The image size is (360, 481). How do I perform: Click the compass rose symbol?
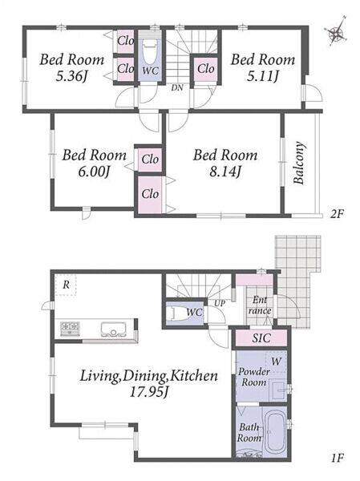[338, 31]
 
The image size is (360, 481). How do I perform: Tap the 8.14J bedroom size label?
[225, 172]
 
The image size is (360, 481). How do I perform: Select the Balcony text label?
[299, 163]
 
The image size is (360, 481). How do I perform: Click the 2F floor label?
[337, 213]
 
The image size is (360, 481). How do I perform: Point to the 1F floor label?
[337, 458]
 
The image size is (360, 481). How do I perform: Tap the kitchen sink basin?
[113, 329]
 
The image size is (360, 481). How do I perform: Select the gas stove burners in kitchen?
[70, 329]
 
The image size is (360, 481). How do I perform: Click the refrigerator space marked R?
[66, 285]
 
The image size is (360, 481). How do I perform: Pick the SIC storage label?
[261, 338]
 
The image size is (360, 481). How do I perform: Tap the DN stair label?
[177, 88]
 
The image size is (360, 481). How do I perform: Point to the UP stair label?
[220, 304]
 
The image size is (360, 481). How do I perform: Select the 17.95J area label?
[149, 392]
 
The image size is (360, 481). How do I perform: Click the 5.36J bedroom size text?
[71, 76]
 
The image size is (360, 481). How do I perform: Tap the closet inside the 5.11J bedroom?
[205, 69]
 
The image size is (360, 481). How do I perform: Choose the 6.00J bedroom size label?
[94, 172]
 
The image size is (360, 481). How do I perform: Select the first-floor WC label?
[195, 313]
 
